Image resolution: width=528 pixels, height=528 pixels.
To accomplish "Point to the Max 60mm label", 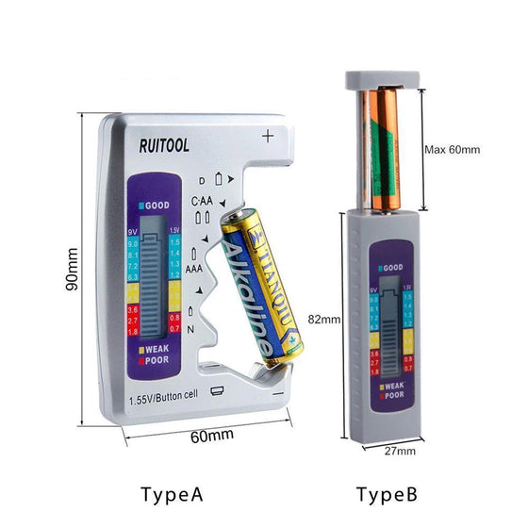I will [x=453, y=149].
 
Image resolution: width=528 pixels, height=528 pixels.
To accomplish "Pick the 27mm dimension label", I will [x=400, y=452].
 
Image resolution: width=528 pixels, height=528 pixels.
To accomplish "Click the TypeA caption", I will [x=172, y=494].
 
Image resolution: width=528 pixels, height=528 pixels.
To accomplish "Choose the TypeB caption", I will [x=388, y=494].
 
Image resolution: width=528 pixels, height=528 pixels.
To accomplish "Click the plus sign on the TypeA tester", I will [x=268, y=138].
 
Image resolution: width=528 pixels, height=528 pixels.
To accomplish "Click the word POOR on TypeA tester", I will [x=157, y=360].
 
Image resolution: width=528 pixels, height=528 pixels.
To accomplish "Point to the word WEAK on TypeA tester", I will [x=157, y=349].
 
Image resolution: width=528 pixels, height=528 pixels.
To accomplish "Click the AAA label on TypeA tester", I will [x=195, y=269].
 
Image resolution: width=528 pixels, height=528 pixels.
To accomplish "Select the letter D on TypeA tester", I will [x=201, y=180].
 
